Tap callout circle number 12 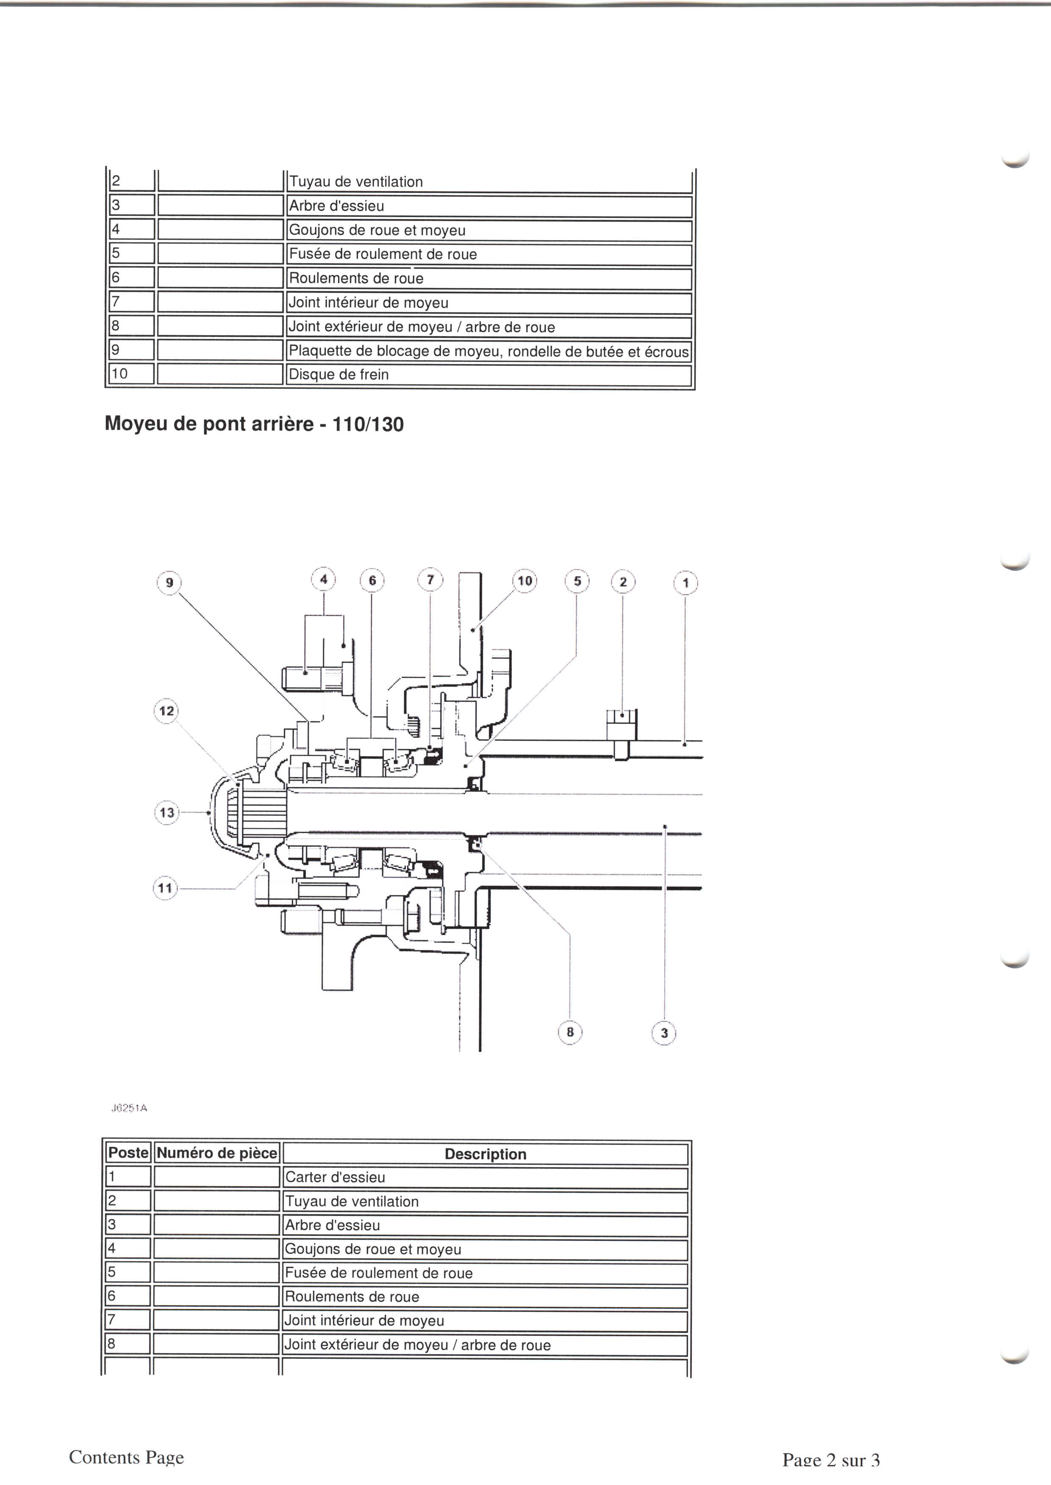[167, 711]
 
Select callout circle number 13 [167, 812]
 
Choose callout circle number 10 [525, 581]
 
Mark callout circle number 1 [686, 583]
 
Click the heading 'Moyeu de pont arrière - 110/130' [254, 424]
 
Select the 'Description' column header [485, 1154]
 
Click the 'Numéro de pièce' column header [217, 1153]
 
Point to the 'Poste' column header [128, 1153]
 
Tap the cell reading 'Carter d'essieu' [335, 1177]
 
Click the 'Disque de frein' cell [338, 375]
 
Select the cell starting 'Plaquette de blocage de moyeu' [488, 351]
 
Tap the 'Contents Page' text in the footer [126, 1457]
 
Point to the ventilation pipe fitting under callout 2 [622, 731]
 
